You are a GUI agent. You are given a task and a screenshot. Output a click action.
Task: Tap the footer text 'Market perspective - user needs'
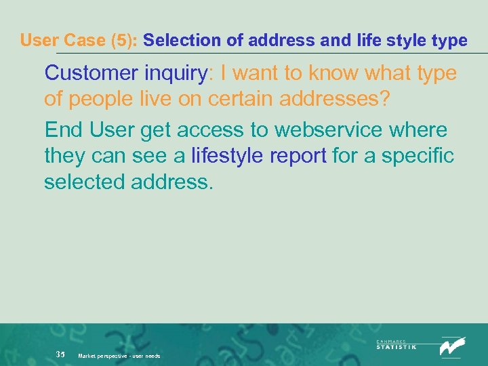pos(119,356)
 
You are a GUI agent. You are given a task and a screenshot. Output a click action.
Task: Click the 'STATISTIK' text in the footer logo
pos(396,346)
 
